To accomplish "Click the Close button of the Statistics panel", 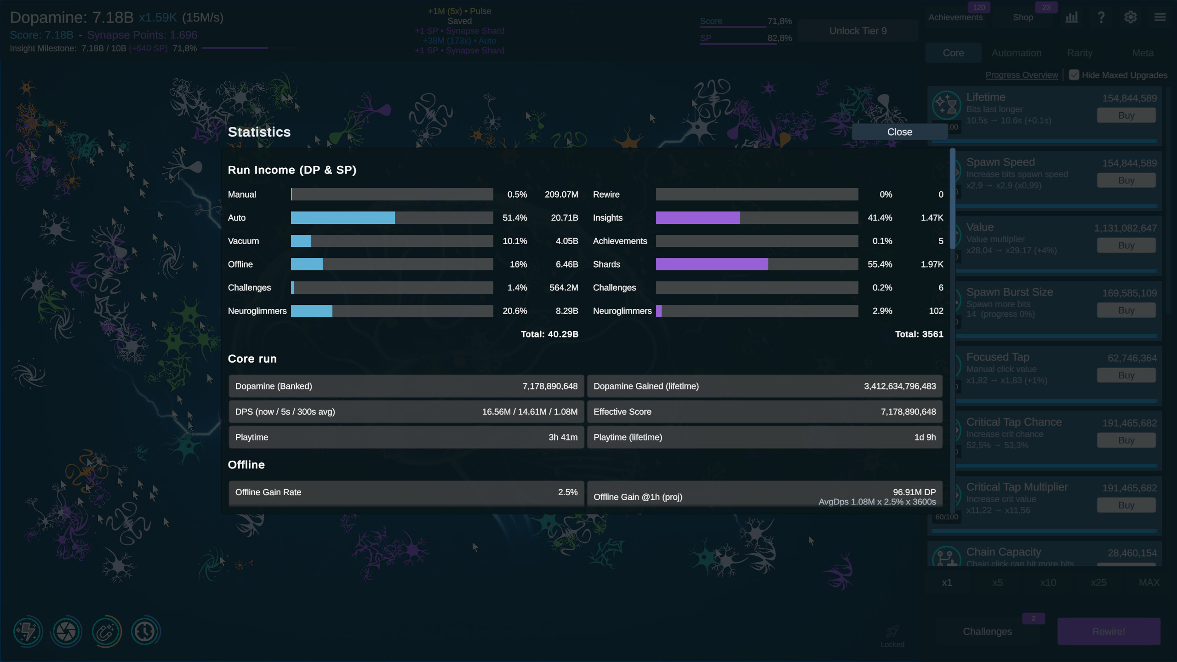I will click(899, 132).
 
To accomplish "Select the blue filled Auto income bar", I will click(343, 218).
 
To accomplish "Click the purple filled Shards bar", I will click(712, 264).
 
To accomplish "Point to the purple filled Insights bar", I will click(697, 218).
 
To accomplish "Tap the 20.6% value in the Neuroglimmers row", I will click(514, 311).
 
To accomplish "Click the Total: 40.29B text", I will click(549, 334).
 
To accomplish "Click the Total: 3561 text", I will click(919, 334).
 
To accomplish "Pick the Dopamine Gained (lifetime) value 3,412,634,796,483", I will click(899, 387).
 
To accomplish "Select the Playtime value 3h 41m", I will click(563, 438).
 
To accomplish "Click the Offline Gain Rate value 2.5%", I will click(567, 492).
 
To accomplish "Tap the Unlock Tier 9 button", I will click(857, 31).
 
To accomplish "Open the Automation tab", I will click(1016, 53).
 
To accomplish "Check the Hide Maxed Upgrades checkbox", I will click(1074, 75).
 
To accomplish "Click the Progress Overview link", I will click(1021, 75).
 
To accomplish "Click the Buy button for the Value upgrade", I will click(1126, 245).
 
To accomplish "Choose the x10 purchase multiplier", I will click(1048, 582).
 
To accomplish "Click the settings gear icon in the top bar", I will click(1130, 17).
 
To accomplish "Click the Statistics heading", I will click(259, 132).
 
